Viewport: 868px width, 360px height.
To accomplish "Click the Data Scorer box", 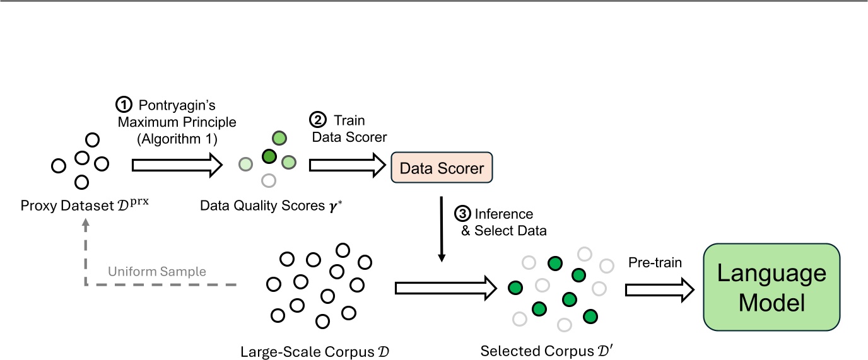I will pyautogui.click(x=442, y=168).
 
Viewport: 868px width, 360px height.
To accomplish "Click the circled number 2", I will pyautogui.click(x=317, y=120).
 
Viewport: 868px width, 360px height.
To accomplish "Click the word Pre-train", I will pyautogui.click(x=655, y=262).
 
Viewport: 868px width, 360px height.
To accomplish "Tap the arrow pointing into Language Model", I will pyautogui.click(x=659, y=289).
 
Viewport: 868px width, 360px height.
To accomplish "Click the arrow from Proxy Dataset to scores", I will pyautogui.click(x=176, y=165).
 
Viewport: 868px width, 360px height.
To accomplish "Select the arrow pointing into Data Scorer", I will pyautogui.click(x=347, y=165).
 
